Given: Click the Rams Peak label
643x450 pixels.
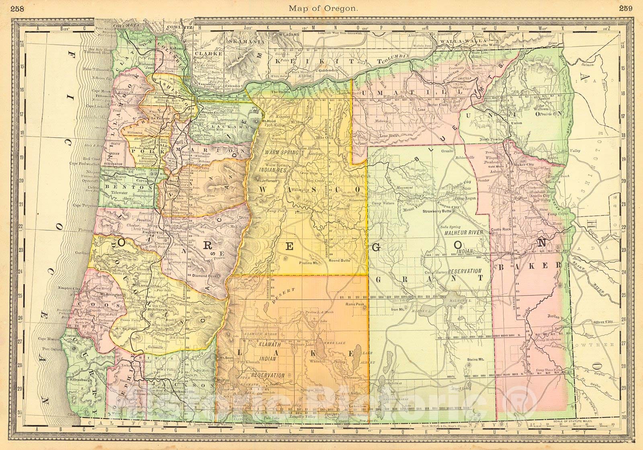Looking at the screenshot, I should coord(354,304).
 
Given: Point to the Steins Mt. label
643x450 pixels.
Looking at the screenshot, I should coord(476,359).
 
